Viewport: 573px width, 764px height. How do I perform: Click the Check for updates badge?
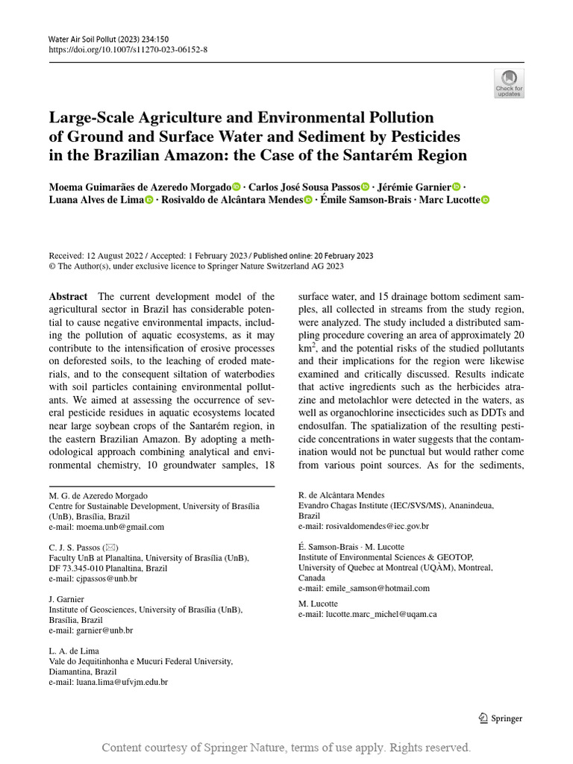pyautogui.click(x=509, y=83)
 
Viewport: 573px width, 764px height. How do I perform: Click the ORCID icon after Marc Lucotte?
pyautogui.click(x=484, y=200)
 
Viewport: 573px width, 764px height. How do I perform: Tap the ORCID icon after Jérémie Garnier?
pyautogui.click(x=457, y=187)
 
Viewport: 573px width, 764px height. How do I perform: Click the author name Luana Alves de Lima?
pyautogui.click(x=95, y=200)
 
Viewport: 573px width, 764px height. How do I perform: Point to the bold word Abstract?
pyautogui.click(x=68, y=296)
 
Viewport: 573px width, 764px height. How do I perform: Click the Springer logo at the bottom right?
pyautogui.click(x=500, y=718)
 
